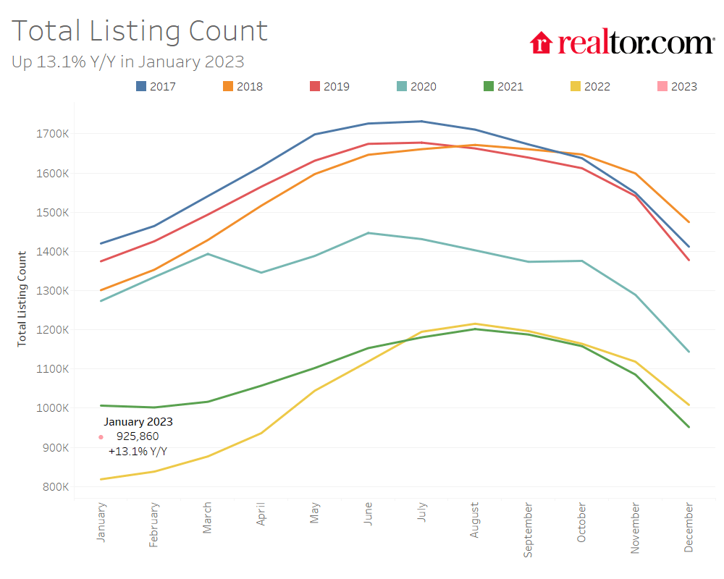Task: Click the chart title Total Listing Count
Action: [140, 31]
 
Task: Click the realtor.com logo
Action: [621, 43]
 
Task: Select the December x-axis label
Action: [689, 527]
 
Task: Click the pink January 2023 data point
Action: [101, 437]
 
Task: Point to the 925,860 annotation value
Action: [138, 436]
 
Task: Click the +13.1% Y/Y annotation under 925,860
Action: [138, 452]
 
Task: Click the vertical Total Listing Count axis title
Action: [22, 298]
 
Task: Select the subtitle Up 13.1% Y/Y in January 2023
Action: [127, 62]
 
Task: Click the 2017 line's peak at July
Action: [421, 122]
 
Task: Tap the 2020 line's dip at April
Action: [261, 272]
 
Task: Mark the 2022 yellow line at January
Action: [101, 479]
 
